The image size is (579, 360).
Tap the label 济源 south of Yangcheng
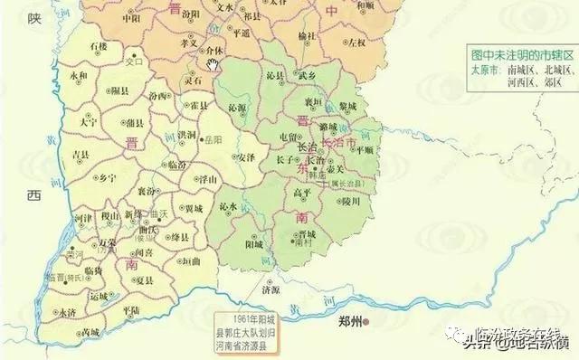pyautogui.click(x=269, y=290)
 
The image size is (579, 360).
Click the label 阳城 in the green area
pyautogui.click(x=253, y=243)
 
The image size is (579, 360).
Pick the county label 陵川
pyautogui.click(x=350, y=201)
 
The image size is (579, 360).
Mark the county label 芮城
pyautogui.click(x=90, y=332)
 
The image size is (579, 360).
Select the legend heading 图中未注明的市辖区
pyautogui.click(x=522, y=54)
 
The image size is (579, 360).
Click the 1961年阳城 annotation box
pyautogui.click(x=253, y=326)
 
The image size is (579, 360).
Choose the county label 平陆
pyautogui.click(x=131, y=310)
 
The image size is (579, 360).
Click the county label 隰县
pyautogui.click(x=119, y=90)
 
